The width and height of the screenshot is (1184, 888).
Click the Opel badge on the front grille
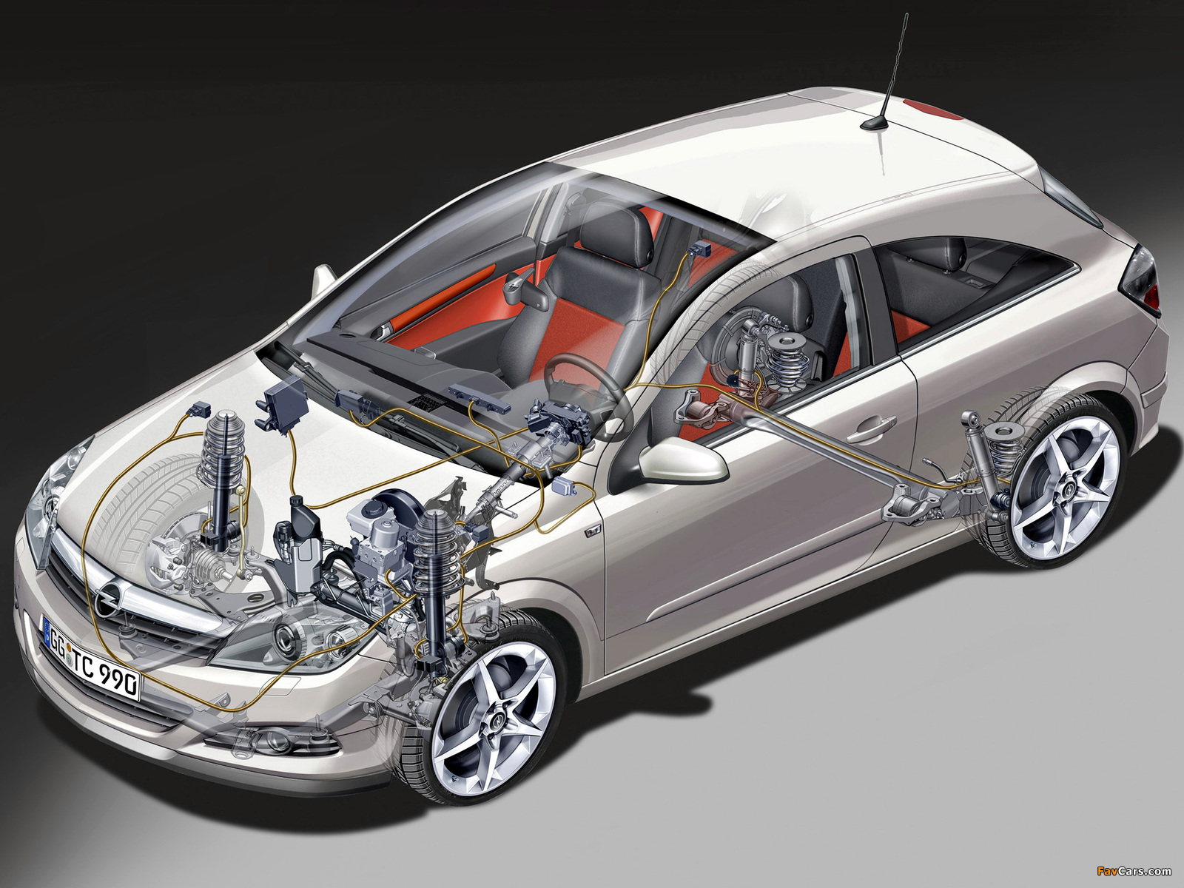(105, 598)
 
